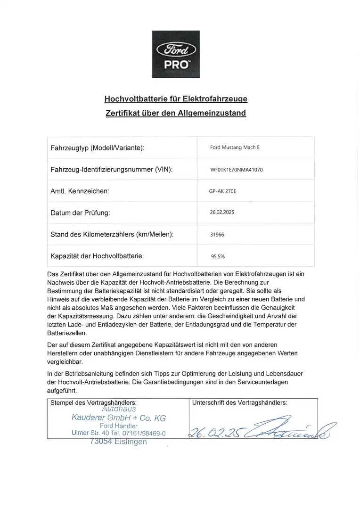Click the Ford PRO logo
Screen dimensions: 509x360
point(176,54)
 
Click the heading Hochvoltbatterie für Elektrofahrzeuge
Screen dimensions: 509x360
point(175,99)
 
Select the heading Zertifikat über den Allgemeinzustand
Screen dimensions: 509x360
point(175,113)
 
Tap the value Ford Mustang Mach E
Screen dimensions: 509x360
point(235,148)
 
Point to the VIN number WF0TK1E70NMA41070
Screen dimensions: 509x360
point(237,170)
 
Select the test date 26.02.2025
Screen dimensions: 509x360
point(222,213)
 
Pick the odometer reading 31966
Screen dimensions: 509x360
point(218,234)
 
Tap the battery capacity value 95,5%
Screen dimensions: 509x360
point(218,257)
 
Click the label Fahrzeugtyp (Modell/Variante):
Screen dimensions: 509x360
point(97,148)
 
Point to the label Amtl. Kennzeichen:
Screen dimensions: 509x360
point(80,191)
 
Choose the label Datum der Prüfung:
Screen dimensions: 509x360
point(80,213)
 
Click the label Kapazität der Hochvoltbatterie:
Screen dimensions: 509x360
point(97,256)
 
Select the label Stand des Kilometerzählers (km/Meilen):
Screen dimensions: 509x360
point(111,235)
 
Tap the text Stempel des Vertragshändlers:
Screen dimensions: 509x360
point(93,403)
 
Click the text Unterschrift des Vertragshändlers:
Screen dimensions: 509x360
point(240,403)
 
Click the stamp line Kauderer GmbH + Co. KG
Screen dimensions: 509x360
point(118,418)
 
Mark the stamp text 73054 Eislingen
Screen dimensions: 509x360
point(118,442)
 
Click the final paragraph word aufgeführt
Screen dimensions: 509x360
point(62,391)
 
